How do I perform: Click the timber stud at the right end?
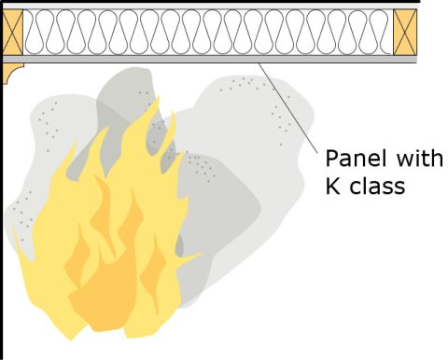tap(404, 33)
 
